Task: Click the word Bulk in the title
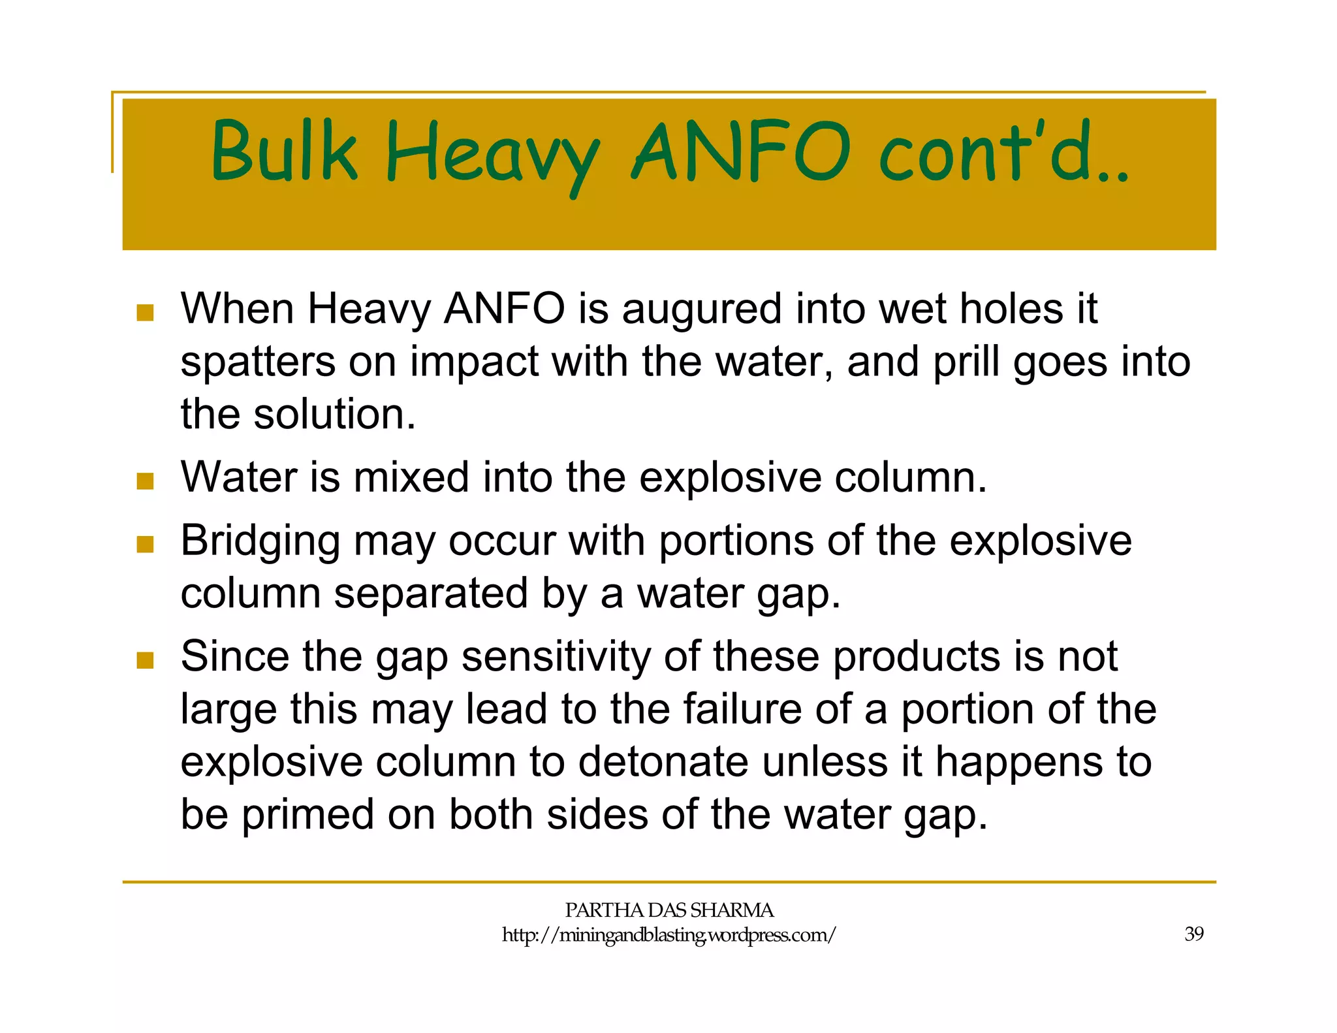[x=284, y=151]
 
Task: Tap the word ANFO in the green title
[x=740, y=151]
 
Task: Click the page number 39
[x=1194, y=934]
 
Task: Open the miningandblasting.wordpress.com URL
[x=668, y=935]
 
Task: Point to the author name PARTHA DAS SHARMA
[x=668, y=910]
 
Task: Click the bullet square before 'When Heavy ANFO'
[x=145, y=312]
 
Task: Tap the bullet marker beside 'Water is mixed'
[x=145, y=481]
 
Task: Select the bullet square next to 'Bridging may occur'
[x=145, y=544]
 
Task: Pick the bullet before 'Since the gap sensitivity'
[x=145, y=660]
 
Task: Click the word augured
[x=701, y=310]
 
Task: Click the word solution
[x=334, y=414]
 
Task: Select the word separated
[x=430, y=594]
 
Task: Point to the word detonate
[x=662, y=762]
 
